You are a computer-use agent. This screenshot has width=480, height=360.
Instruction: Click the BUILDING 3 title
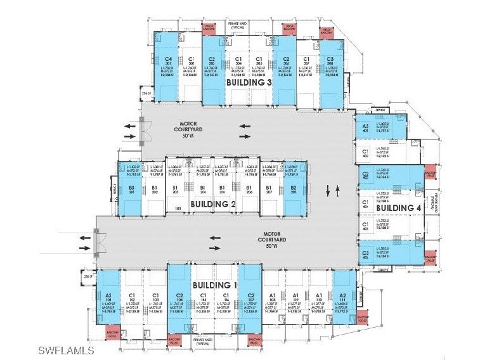(x=249, y=82)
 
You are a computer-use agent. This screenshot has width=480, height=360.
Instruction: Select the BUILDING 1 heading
(x=214, y=285)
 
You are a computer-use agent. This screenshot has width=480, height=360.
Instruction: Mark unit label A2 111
(x=342, y=298)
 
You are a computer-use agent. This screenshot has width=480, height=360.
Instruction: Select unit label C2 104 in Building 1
(x=179, y=298)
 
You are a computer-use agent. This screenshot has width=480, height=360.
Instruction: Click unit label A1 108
(x=273, y=298)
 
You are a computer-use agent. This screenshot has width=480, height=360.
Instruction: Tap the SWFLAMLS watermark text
(x=66, y=350)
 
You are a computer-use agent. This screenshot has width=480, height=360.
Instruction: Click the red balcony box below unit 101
(x=112, y=335)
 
